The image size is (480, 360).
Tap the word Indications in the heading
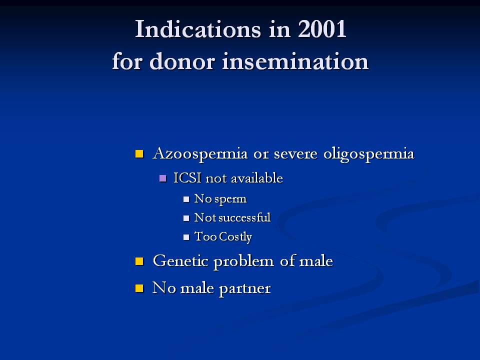[198, 29]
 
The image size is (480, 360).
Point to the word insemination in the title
[295, 61]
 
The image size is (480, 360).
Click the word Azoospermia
[200, 153]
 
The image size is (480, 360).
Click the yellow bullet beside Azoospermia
[139, 153]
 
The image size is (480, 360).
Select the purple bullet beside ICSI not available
[163, 178]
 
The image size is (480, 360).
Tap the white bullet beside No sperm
[186, 199]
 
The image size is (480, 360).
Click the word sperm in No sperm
[230, 199]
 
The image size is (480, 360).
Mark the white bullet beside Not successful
[186, 218]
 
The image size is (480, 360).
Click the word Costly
[235, 237]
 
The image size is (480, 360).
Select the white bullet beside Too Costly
[186, 237]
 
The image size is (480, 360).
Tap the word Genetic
[180, 261]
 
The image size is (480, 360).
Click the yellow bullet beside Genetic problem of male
[139, 261]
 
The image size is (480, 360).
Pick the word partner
[245, 288]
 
